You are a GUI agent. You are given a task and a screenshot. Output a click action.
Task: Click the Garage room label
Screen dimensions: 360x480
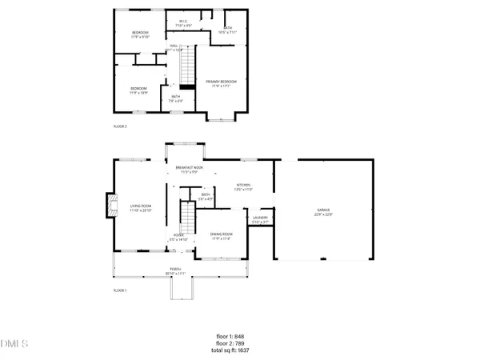click(x=323, y=213)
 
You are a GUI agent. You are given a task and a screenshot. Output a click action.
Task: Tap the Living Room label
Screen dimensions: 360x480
click(x=141, y=209)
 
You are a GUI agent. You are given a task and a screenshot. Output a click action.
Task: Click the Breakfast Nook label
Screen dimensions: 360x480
click(x=189, y=169)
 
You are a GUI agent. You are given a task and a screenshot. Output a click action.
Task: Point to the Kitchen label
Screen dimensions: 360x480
click(x=243, y=186)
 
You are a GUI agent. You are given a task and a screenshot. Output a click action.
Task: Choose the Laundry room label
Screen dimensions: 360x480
click(x=260, y=220)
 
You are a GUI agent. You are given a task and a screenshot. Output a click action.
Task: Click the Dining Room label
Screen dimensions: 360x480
click(x=221, y=236)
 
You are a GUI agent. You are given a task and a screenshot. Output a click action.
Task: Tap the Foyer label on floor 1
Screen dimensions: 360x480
click(x=178, y=237)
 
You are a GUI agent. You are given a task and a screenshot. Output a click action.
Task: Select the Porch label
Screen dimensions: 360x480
click(x=175, y=270)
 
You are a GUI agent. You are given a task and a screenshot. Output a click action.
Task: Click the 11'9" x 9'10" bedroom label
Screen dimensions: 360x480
click(x=140, y=34)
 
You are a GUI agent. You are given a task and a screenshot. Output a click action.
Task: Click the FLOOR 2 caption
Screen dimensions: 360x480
click(x=120, y=126)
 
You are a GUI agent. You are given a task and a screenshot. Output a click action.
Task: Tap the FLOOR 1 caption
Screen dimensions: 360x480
click(x=120, y=290)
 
